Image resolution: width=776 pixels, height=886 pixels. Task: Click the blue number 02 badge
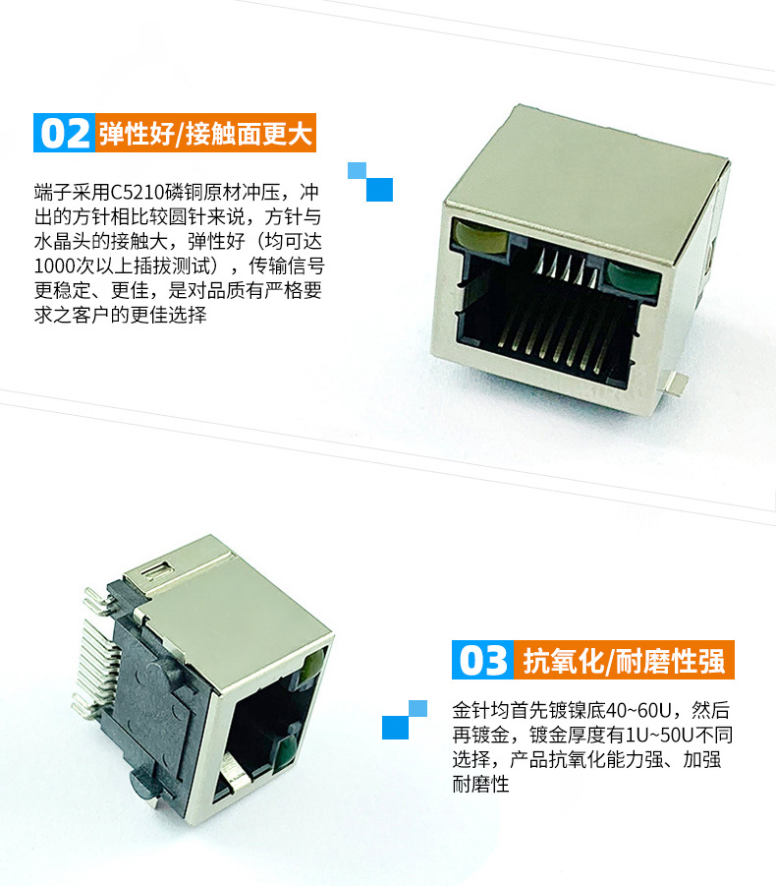[64, 133]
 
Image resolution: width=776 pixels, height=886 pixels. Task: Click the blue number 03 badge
[482, 660]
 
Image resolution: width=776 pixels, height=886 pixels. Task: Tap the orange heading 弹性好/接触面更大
[206, 134]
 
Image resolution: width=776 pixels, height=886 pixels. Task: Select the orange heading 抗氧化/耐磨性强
[624, 660]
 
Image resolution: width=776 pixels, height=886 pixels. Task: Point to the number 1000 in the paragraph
[55, 266]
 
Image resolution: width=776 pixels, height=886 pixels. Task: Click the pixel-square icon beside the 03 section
[405, 720]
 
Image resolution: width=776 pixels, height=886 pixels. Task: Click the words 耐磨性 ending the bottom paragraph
[481, 784]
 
